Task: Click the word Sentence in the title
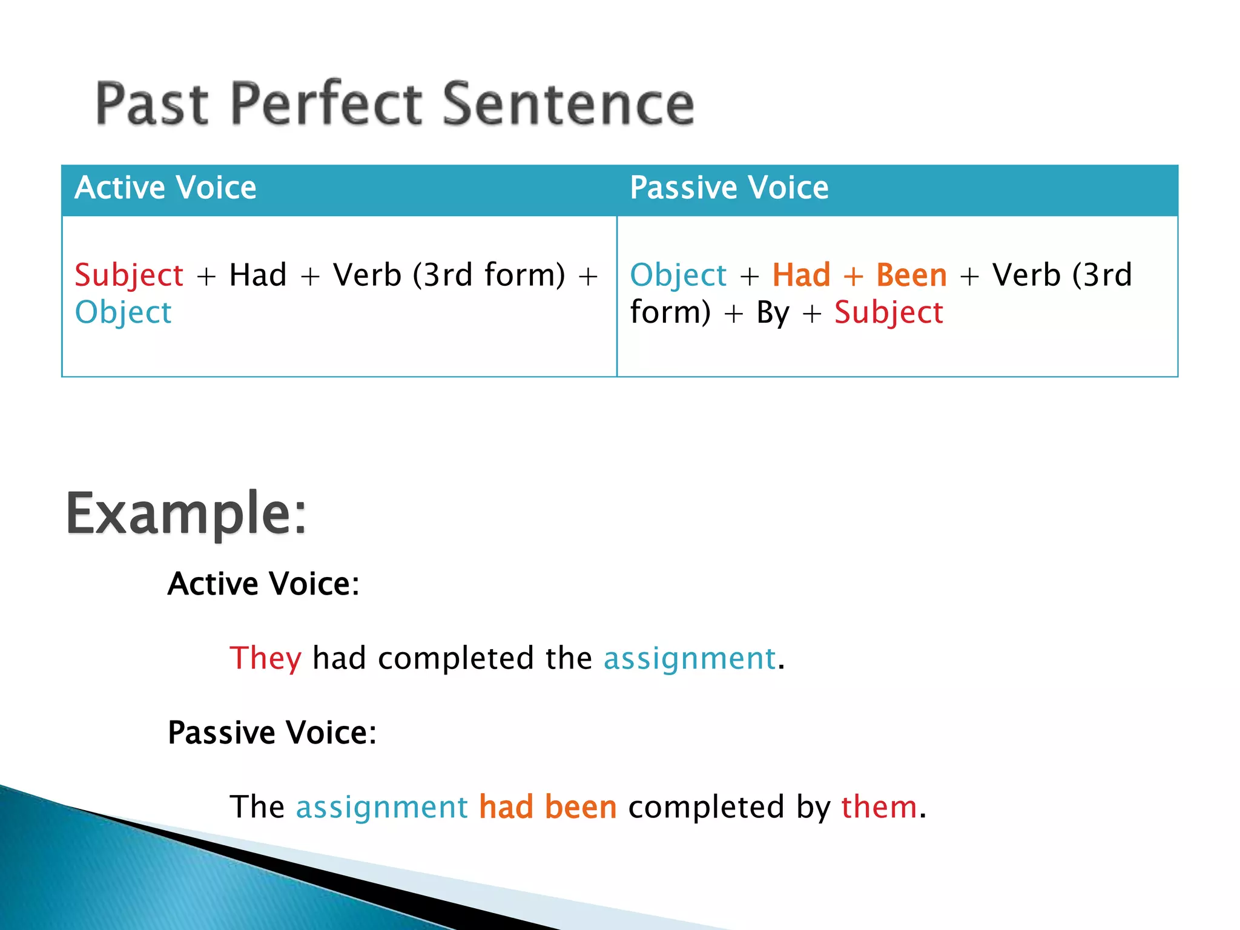569,104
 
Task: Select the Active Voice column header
165,188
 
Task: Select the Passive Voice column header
729,188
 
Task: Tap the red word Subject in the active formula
129,275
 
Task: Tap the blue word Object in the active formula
123,313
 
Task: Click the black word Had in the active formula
258,275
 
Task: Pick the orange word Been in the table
911,275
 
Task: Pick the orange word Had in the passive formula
801,275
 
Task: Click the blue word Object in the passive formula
678,275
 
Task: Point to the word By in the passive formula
773,313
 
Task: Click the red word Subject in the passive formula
888,313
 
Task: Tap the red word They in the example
265,658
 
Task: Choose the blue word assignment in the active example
690,658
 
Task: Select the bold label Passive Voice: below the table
272,733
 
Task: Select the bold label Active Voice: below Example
263,584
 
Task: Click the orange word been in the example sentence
580,807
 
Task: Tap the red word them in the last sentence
879,807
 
